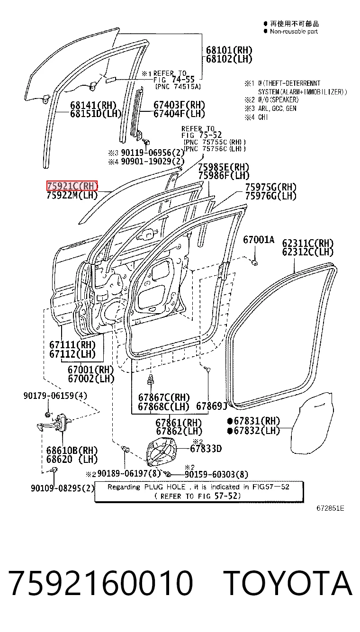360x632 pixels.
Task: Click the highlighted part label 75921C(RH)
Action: pos(72,186)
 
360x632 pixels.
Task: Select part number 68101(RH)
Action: pos(229,50)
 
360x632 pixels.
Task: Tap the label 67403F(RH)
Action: pos(179,105)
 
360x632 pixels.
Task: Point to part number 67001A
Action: pos(259,240)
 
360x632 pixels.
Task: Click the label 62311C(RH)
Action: pos(308,243)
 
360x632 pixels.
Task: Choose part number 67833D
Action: pos(206,448)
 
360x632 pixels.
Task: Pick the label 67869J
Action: pos(212,406)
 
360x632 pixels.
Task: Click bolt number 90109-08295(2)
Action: pos(63,488)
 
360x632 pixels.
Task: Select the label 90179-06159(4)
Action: pos(55,396)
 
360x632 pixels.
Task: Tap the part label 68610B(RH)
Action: pos(72,450)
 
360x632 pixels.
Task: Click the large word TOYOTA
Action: pos(288,583)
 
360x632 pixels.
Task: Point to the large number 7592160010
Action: pos(101,583)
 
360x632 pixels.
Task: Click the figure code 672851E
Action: pos(330,508)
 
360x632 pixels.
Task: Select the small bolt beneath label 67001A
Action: pos(255,263)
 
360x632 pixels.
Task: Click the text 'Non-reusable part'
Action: pos(294,31)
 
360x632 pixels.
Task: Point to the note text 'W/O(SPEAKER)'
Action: pos(278,99)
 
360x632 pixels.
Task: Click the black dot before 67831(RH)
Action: pos(230,421)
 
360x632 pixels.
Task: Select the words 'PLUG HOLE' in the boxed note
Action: pos(165,487)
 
